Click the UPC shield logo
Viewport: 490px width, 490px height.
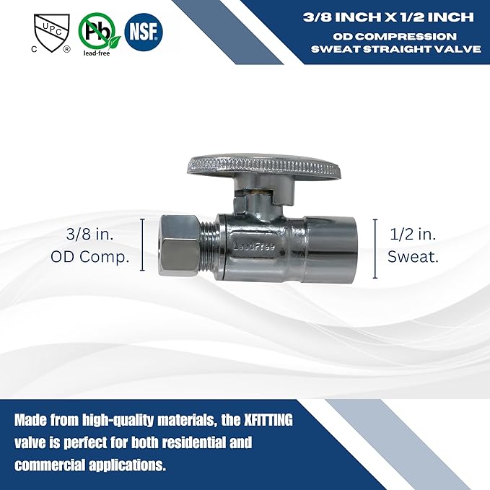[x=52, y=33]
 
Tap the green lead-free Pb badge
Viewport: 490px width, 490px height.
[x=99, y=34]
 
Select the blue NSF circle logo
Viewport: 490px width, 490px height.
[x=144, y=32]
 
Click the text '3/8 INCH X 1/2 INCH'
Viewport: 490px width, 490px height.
[x=388, y=17]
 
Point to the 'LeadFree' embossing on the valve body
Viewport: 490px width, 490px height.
[x=254, y=246]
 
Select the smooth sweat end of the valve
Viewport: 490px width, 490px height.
[x=330, y=249]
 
